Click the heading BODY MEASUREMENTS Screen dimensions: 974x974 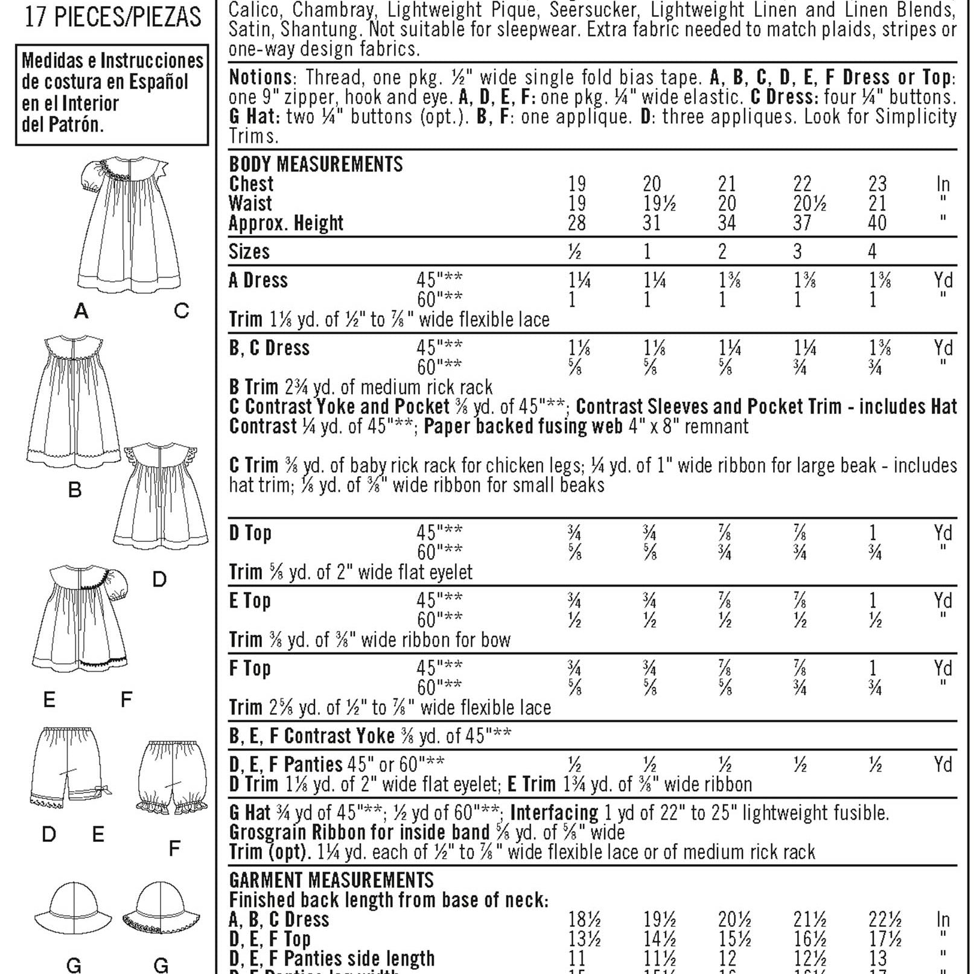pyautogui.click(x=316, y=164)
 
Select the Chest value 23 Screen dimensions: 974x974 pyautogui.click(x=877, y=183)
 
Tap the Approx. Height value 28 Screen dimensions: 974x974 pyautogui.click(x=576, y=223)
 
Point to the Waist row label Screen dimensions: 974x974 pyautogui.click(x=250, y=203)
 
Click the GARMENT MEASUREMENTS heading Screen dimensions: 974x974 pyautogui.click(x=331, y=880)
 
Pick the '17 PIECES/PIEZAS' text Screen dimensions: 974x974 pyautogui.click(x=113, y=17)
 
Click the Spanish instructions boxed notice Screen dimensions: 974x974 pyautogui.click(x=112, y=94)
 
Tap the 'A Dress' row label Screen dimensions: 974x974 pyautogui.click(x=258, y=281)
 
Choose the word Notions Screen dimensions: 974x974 pyautogui.click(x=261, y=77)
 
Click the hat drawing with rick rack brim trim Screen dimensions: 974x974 pyautogui.click(x=159, y=911)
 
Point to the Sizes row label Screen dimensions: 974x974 pyautogui.click(x=249, y=251)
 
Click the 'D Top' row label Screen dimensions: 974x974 pyautogui.click(x=250, y=533)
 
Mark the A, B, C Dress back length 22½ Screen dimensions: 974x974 pyautogui.click(x=885, y=920)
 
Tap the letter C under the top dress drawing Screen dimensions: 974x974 pyautogui.click(x=181, y=311)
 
